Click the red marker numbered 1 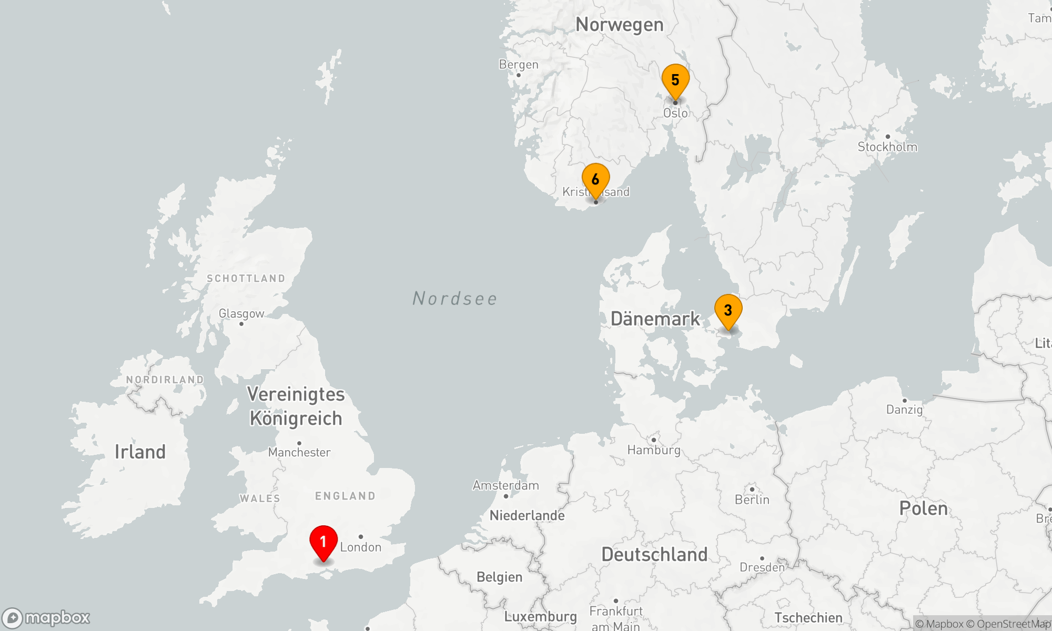323,542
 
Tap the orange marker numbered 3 728,311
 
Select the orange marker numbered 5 675,80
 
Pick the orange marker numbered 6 595,180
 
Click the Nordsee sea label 454,299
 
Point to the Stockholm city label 887,147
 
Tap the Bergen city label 519,65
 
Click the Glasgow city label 241,314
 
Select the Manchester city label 299,452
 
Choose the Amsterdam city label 505,485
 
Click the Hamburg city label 654,450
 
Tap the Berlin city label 752,500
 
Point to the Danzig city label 904,410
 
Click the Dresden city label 762,567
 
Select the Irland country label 140,452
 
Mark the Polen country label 923,508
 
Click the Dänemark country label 655,319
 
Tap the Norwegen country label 619,25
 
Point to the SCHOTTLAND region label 246,279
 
